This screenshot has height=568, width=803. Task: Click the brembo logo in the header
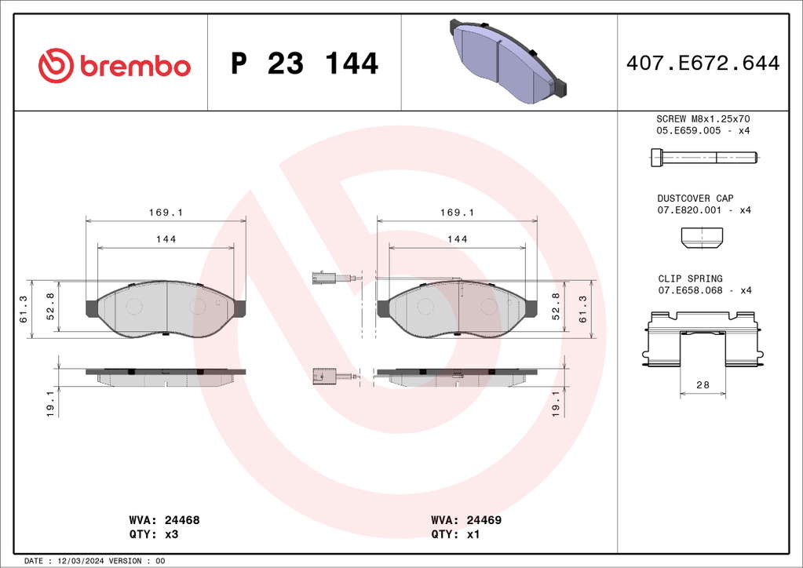tap(114, 65)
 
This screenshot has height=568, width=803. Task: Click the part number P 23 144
tap(305, 64)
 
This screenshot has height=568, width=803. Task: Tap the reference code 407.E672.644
tap(703, 64)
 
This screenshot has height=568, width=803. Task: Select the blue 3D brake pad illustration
tap(509, 61)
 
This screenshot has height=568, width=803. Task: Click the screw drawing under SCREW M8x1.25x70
tap(704, 157)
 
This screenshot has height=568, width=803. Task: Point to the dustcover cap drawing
tap(702, 238)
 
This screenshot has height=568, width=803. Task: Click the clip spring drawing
tap(702, 338)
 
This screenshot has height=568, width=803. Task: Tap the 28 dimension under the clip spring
tap(703, 384)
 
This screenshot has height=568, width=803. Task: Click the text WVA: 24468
tap(164, 520)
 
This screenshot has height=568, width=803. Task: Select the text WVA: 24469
tap(466, 520)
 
